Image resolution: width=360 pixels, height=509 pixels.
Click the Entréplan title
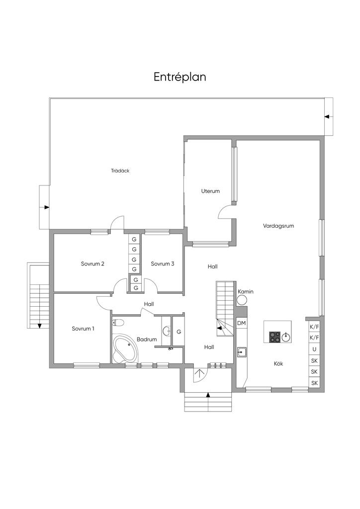tap(180, 77)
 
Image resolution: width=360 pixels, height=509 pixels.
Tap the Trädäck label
tap(120, 170)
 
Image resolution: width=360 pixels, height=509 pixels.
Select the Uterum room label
tap(210, 191)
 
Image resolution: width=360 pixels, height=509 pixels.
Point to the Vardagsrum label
tap(278, 226)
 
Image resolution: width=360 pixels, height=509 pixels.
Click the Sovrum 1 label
tap(83, 329)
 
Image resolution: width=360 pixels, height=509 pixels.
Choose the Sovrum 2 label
tap(92, 264)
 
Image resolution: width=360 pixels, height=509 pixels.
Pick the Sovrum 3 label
tap(163, 264)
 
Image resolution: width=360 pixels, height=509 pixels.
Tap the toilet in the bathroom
tap(118, 322)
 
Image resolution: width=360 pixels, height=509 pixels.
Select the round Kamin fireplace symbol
tap(242, 300)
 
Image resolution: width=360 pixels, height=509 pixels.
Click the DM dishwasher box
tap(242, 324)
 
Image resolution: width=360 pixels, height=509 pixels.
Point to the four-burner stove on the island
tap(275, 337)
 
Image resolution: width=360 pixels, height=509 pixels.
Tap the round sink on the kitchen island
tap(286, 337)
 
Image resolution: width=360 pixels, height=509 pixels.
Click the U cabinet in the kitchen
tap(314, 349)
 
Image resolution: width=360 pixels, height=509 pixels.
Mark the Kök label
tap(278, 363)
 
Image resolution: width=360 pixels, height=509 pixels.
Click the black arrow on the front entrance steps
tap(208, 395)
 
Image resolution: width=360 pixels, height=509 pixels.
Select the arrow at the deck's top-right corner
tap(327, 117)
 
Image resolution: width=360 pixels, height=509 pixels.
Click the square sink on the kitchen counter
tap(242, 352)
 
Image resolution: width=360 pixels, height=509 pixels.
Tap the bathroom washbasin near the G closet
tap(166, 331)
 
